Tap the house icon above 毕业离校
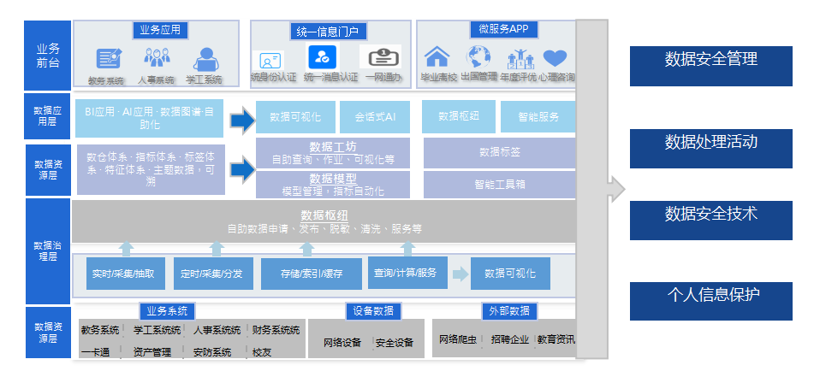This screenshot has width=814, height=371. pyautogui.click(x=437, y=57)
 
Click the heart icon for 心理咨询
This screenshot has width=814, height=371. pyautogui.click(x=556, y=58)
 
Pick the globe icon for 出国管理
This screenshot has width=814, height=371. pyautogui.click(x=478, y=57)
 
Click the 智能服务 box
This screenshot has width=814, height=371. pyautogui.click(x=538, y=117)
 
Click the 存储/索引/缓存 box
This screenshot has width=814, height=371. pyautogui.click(x=312, y=274)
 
